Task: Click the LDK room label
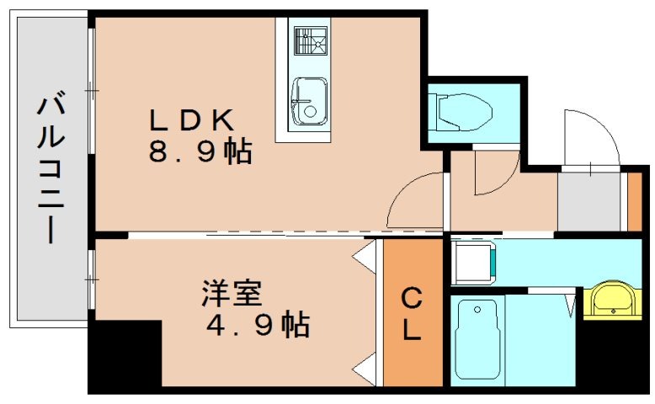(191, 120)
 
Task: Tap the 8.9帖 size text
(200, 153)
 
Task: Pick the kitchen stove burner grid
(309, 40)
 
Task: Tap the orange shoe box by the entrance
(635, 201)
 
